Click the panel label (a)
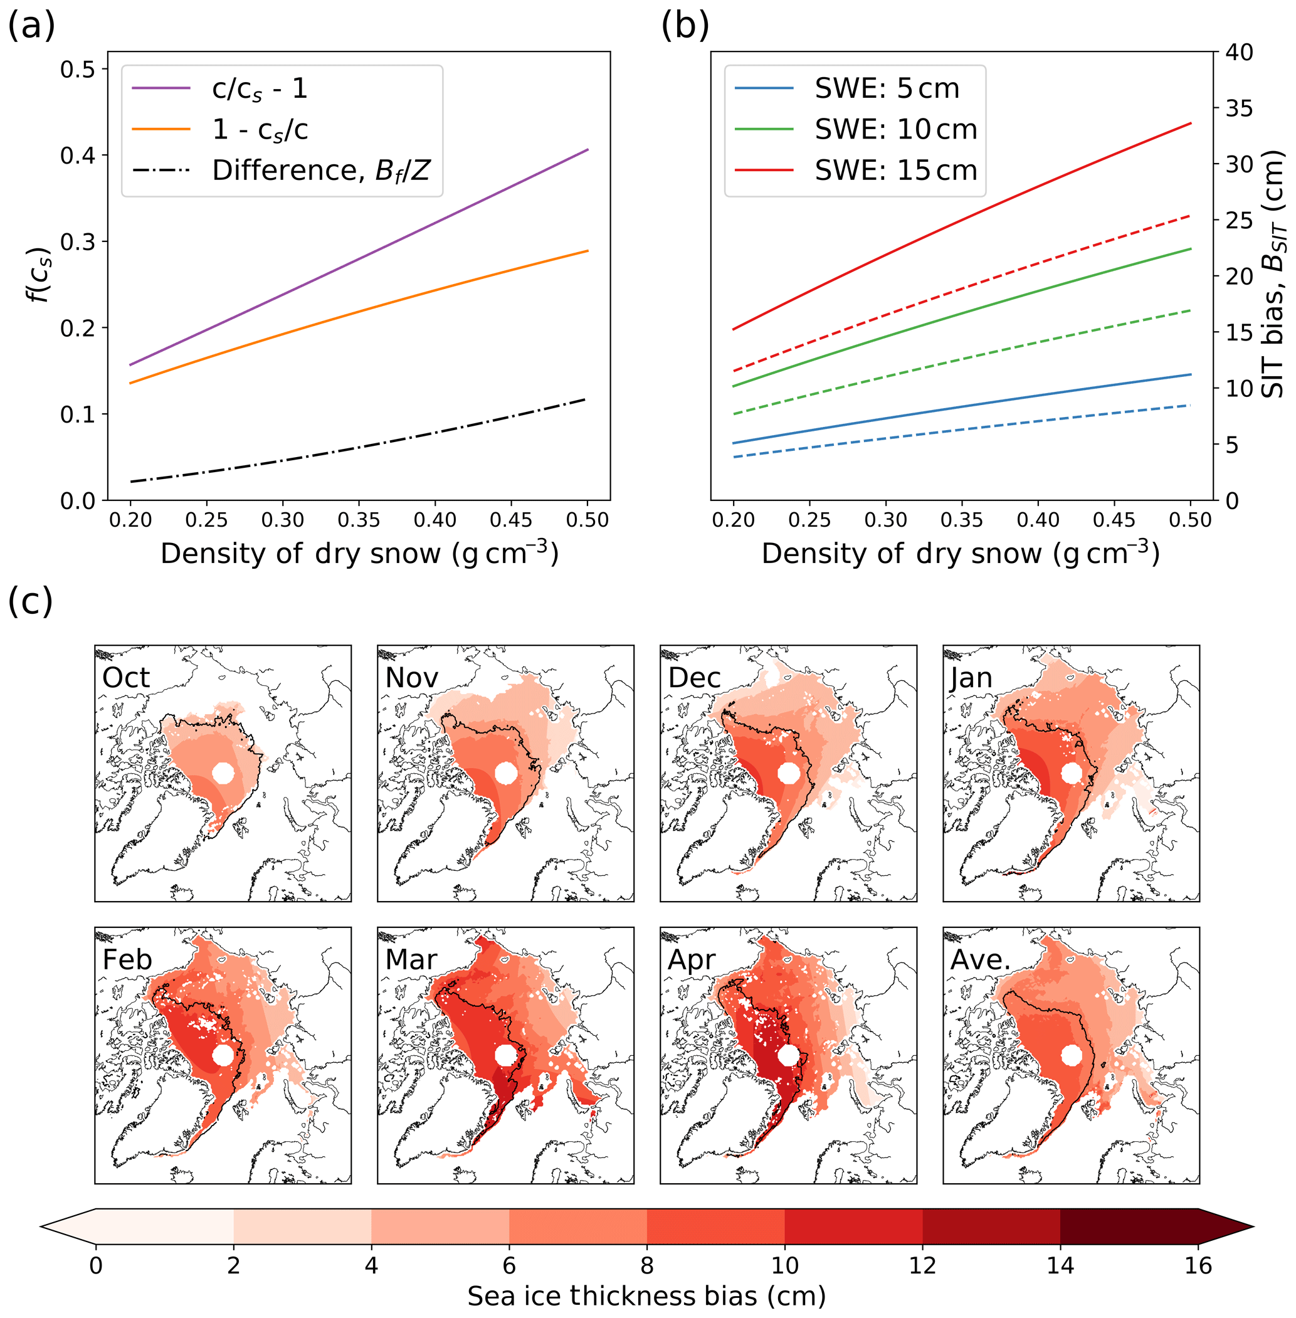(31, 26)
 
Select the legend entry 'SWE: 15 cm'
(896, 170)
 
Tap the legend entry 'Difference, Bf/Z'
(320, 170)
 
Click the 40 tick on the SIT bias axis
(1239, 52)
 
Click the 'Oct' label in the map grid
(126, 678)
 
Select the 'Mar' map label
(411, 960)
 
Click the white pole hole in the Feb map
(223, 1055)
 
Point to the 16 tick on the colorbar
(1198, 1265)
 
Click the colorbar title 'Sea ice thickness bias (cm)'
(646, 1296)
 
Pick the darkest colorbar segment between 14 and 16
(1129, 1226)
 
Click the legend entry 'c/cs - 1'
(260, 88)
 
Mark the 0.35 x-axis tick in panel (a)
(359, 520)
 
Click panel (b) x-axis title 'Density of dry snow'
(960, 554)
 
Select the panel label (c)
(31, 601)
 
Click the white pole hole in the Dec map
(788, 773)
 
